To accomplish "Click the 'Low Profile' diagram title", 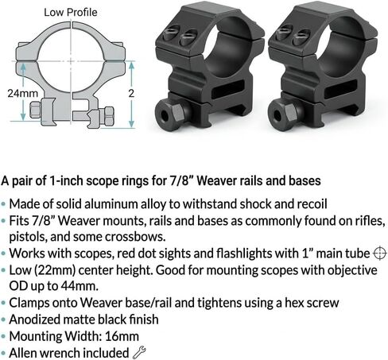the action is coord(71,13).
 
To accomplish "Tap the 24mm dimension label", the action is coord(23,94).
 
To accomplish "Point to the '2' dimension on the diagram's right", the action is coord(131,93).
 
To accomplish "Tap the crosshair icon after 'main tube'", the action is coord(380,254).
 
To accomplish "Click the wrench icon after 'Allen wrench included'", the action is coord(139,352).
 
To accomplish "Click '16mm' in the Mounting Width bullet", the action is coord(122,336).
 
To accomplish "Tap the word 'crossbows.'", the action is coord(135,237).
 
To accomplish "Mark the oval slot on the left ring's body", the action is coord(229,89).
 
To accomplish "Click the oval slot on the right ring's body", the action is coord(341,89).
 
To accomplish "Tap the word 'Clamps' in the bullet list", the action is coord(29,303).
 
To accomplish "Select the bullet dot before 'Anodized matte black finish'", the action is coord(3,320).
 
